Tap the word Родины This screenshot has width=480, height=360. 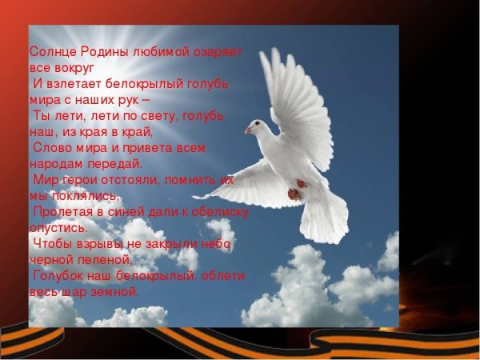tap(102, 50)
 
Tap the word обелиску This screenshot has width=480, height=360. tap(218, 212)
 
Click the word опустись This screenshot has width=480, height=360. tap(58, 227)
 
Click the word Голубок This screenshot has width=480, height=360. tap(59, 276)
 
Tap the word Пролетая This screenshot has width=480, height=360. tap(63, 212)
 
